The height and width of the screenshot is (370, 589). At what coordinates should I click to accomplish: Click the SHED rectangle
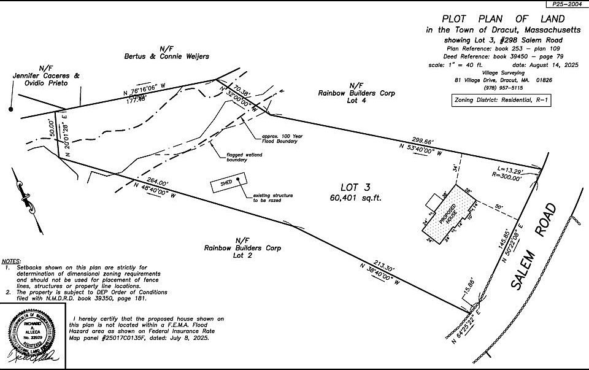coord(227,183)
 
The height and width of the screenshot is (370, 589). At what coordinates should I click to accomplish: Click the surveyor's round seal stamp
coord(34,334)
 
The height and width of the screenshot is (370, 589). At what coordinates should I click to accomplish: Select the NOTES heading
coord(11,261)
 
